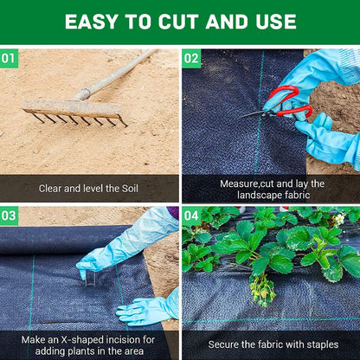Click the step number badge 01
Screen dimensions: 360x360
(x=9, y=59)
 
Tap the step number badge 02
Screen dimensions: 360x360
(x=191, y=59)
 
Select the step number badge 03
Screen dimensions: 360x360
(x=9, y=215)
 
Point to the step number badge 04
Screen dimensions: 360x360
(x=191, y=215)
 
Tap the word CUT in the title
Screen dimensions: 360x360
(x=183, y=22)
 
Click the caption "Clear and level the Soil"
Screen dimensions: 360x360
(x=90, y=188)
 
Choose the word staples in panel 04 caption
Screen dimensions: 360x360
(x=317, y=344)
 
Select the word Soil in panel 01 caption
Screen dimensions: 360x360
(x=131, y=188)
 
